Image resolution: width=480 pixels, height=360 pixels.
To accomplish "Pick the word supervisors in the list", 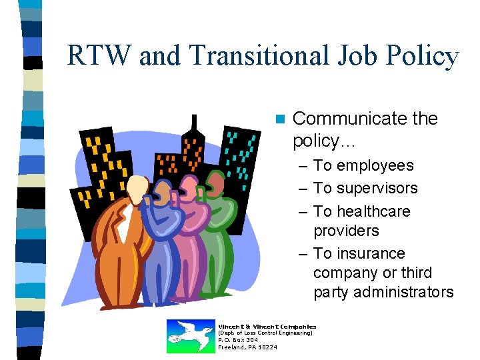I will click(377, 189).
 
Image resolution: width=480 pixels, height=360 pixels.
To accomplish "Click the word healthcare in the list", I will click(373, 211).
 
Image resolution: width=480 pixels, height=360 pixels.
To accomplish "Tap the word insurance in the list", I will click(371, 253).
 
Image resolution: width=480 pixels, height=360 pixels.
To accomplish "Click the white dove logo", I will click(190, 335).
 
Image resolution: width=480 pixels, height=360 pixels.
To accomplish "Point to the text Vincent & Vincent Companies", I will click(267, 326).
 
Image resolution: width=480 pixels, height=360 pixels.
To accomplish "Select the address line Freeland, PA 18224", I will click(248, 347).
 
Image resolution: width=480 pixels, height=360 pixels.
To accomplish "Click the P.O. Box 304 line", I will click(238, 340).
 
